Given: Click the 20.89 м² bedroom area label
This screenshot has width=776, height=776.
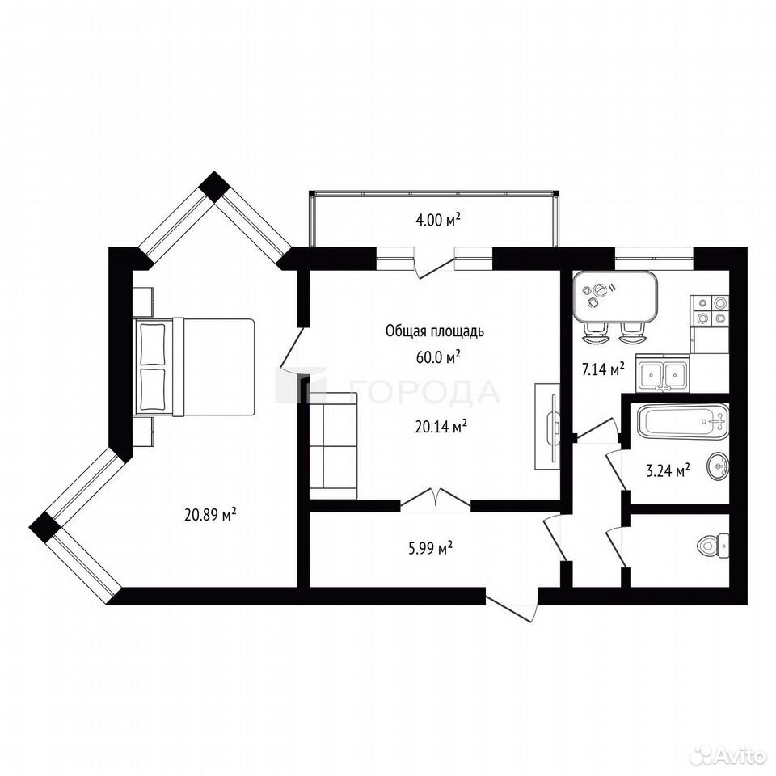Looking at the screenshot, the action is click(210, 515).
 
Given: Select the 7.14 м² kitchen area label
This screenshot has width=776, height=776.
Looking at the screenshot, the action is click(603, 369).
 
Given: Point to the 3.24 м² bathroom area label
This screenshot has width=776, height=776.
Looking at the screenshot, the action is click(668, 470).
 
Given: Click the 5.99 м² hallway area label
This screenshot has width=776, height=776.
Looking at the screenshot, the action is click(430, 548).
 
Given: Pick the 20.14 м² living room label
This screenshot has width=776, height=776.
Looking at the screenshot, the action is click(441, 427).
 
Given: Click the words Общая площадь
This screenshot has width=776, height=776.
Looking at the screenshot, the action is click(435, 331).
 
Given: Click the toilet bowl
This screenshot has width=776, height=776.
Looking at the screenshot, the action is click(713, 546).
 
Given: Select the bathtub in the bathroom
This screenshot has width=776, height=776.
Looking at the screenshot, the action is click(684, 421).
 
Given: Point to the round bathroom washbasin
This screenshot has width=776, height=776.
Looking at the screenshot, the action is click(718, 466).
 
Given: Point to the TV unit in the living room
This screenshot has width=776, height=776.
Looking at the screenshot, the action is click(547, 426).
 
